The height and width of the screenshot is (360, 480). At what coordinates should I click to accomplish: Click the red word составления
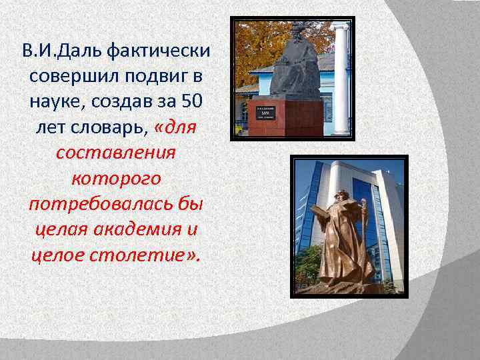tap(116, 153)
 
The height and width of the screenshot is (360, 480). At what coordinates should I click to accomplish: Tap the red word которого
tap(116, 179)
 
